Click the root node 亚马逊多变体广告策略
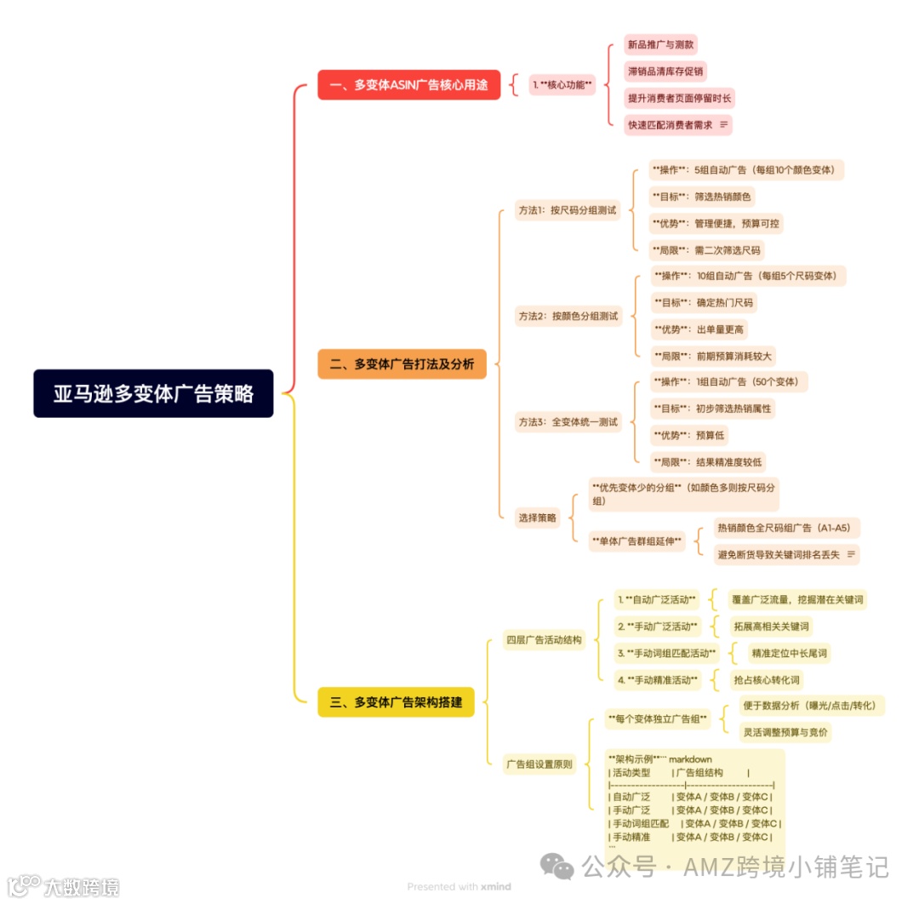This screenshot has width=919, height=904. pos(153,393)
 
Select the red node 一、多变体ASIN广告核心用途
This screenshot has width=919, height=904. pos(408,84)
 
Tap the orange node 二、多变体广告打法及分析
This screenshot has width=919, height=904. pos(402,364)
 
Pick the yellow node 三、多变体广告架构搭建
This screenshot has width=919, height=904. pos(396,701)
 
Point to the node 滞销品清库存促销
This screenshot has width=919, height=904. pos(665,71)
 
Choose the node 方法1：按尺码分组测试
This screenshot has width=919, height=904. pos(567,210)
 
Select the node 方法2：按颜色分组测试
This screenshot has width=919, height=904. pos(568,316)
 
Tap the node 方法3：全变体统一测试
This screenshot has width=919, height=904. pos(568,421)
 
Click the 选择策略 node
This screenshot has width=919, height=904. pos(537,517)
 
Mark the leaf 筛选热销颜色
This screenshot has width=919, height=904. pos(701,197)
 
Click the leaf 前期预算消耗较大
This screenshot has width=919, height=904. pos(712,356)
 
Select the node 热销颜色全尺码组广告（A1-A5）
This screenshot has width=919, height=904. pos(785,528)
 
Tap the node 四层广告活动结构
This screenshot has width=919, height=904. pos(544,639)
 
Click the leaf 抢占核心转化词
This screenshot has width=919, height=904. pos(766,680)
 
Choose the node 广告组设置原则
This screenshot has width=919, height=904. pos(539,764)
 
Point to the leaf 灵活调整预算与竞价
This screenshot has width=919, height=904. pos(785,732)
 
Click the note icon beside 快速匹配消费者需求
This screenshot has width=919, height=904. pos(724,124)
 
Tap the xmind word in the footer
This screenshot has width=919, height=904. pos(495,886)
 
